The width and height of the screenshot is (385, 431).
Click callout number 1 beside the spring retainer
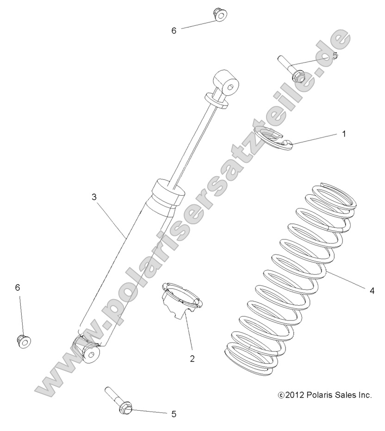(344, 134)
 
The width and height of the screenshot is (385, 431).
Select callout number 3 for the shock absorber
(94, 197)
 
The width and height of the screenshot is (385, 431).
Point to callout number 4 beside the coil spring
(372, 291)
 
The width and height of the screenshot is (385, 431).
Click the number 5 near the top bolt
(335, 55)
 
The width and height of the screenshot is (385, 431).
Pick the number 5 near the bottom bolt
(174, 414)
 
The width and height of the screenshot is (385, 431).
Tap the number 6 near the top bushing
(174, 31)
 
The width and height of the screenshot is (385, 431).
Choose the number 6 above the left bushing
(18, 288)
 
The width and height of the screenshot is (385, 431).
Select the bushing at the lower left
(23, 341)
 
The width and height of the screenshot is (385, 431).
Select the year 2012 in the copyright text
(295, 395)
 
